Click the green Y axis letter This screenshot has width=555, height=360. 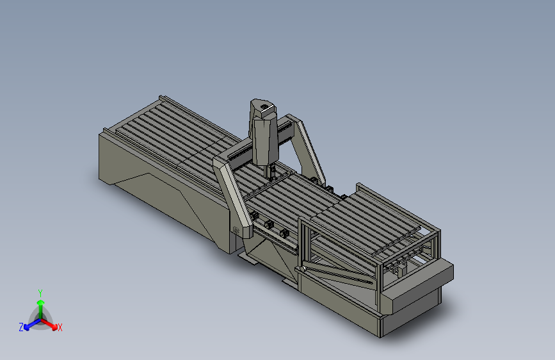click(40, 293)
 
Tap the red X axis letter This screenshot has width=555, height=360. click(60, 327)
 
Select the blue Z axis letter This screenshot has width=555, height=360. click(21, 327)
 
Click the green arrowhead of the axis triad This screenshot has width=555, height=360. click(41, 303)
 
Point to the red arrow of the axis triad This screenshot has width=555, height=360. click(49, 324)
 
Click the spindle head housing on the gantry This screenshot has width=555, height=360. click(264, 133)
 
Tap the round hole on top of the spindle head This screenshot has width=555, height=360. click(264, 106)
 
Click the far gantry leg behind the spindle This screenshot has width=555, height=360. click(307, 149)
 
